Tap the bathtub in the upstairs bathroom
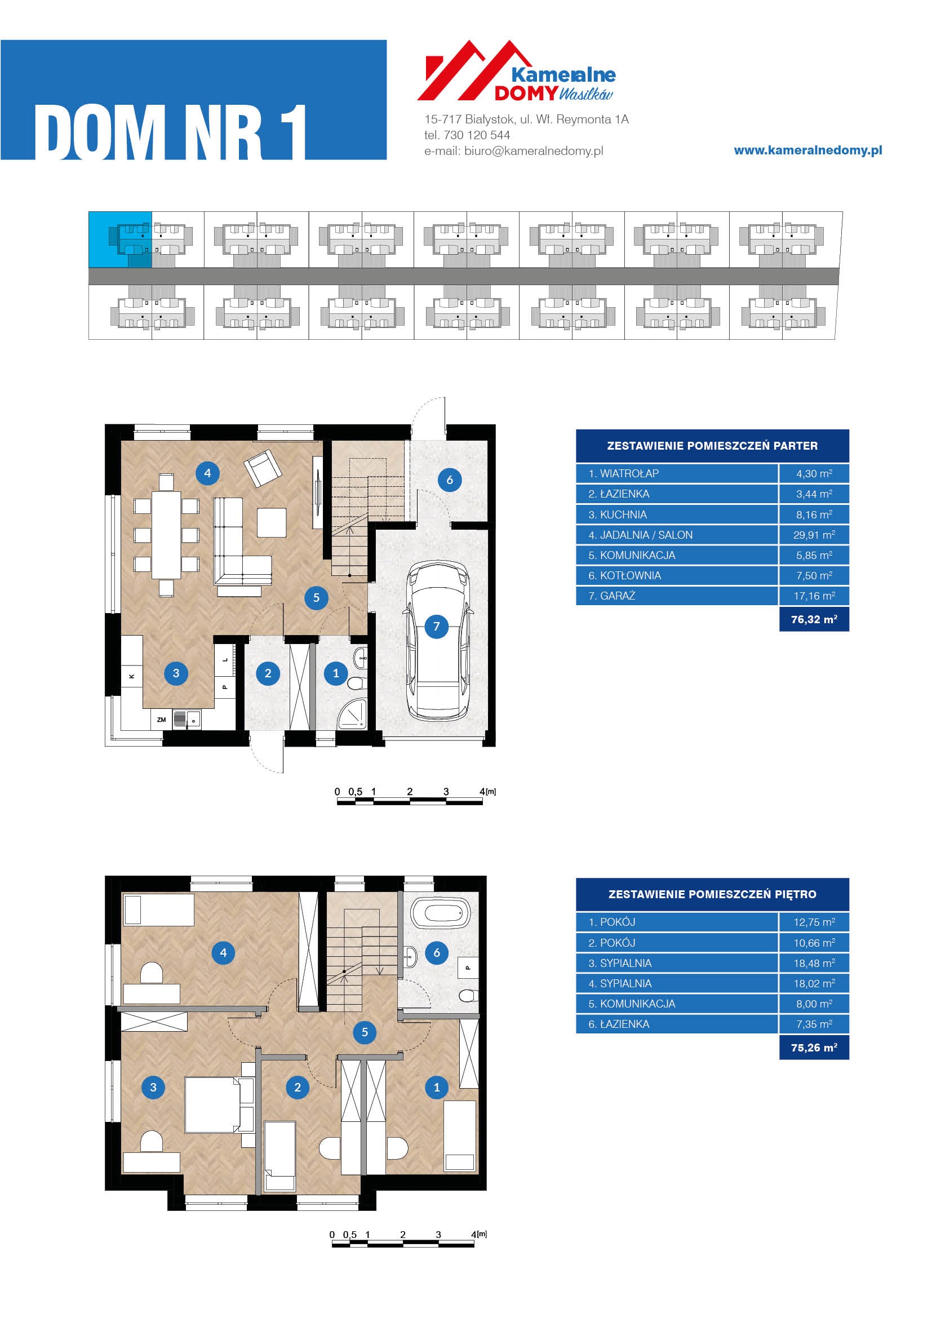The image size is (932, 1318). [441, 912]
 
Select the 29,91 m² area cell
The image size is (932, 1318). [814, 535]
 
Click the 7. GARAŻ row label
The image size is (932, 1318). [611, 596]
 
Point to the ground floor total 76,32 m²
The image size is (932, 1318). [814, 619]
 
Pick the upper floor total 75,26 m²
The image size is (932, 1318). [814, 1048]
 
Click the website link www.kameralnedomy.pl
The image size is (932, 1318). [808, 150]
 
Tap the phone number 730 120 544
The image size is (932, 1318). [477, 135]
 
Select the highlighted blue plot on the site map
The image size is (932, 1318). [120, 239]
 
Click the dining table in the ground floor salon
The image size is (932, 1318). [166, 534]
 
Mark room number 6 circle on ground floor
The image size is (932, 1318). [449, 480]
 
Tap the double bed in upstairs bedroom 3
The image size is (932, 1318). [212, 1104]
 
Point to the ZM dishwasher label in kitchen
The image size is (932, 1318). [161, 719]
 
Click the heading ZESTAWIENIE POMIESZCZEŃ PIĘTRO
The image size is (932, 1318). [712, 894]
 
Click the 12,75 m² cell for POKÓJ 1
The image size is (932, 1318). [814, 922]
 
